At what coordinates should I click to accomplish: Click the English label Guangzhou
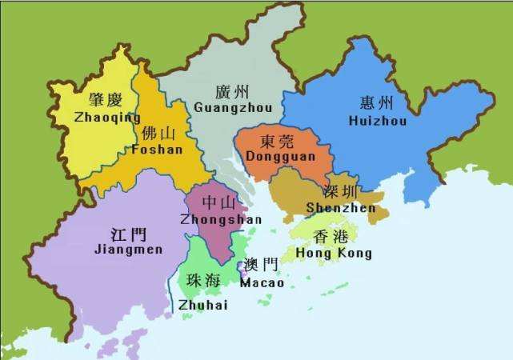pos(233,107)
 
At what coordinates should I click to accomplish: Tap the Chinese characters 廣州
pos(232,91)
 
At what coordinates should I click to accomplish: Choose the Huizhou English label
pos(378,121)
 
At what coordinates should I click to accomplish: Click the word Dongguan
pos(279,158)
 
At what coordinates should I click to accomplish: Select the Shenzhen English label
pos(340,208)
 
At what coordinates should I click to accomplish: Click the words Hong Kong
pos(334,254)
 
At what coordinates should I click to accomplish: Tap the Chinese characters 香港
pos(331,237)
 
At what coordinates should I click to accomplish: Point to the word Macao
pos(262,282)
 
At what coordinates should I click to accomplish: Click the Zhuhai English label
pos(203,305)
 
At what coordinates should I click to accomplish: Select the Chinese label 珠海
pos(203,281)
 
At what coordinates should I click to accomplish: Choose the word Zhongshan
pos(210,219)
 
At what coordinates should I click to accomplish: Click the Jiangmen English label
pos(128,250)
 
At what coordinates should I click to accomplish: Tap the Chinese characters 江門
pos(128,234)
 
